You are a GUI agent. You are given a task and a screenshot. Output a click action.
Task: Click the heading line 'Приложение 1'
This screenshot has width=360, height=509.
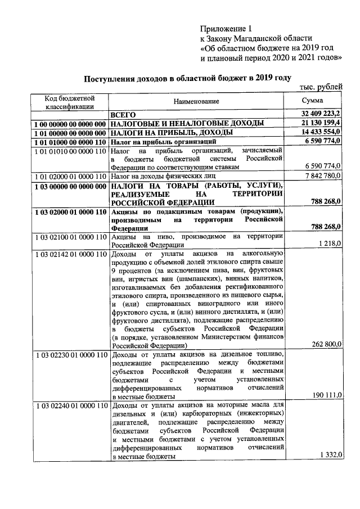227,29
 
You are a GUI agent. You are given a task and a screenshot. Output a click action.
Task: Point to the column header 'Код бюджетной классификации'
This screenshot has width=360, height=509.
69,101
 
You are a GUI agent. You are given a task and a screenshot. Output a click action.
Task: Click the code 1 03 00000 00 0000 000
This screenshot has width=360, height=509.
69,186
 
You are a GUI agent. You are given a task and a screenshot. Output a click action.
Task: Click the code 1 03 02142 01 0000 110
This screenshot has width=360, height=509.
69,254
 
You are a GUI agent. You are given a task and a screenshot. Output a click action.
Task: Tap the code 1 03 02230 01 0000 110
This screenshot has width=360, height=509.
69,355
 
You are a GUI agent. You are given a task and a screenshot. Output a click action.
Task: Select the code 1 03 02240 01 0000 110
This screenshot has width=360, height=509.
69,406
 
